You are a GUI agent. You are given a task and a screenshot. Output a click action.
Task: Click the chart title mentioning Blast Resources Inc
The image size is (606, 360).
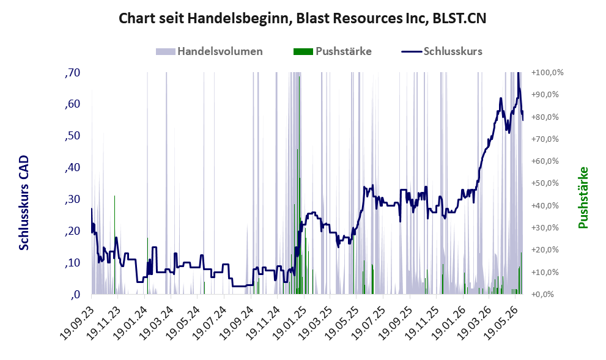click(302, 18)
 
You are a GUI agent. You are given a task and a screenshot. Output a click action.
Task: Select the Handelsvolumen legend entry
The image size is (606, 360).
click(209, 51)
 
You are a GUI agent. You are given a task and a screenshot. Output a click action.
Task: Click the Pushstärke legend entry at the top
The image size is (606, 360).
click(333, 51)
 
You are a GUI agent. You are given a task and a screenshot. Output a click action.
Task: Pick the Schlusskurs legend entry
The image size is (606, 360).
click(442, 51)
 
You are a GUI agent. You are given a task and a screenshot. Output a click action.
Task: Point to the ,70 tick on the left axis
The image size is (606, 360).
click(72, 72)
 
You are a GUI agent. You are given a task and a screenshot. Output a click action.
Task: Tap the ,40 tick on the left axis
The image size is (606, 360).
click(72, 167)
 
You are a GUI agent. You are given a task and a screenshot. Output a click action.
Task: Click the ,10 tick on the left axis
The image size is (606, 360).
click(72, 263)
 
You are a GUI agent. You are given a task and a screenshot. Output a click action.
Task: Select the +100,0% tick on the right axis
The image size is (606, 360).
click(548, 72)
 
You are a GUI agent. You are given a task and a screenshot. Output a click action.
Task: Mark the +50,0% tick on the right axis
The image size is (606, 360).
click(545, 183)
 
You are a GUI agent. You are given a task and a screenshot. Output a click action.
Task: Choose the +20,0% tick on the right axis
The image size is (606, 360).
click(545, 249)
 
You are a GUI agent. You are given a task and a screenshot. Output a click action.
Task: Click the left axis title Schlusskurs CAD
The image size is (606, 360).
click(24, 202)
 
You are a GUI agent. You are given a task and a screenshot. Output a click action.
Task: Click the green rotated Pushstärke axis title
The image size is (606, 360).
click(583, 197)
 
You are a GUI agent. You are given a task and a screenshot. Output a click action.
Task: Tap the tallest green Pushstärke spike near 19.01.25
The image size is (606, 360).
click(299, 185)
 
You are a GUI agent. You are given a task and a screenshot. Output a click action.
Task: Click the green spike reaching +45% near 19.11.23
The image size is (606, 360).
click(115, 245)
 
